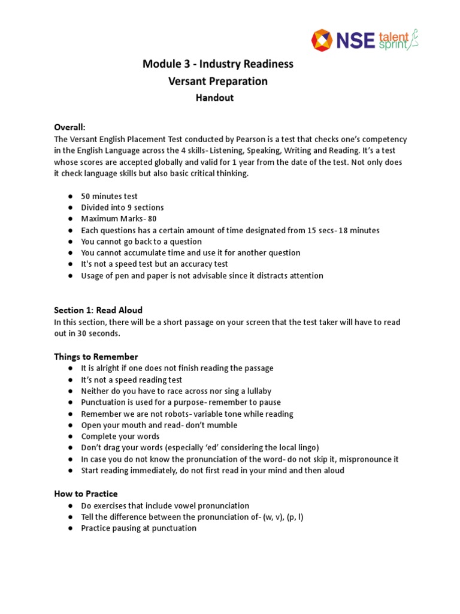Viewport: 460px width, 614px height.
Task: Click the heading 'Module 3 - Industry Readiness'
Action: (217, 64)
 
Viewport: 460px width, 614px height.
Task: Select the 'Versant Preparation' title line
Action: (217, 81)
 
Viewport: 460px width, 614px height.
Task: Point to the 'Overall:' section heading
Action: (69, 127)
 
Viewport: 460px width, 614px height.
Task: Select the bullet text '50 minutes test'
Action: (109, 196)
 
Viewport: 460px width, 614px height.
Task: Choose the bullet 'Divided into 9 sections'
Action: (122, 207)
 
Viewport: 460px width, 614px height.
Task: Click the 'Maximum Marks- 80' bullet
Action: (119, 219)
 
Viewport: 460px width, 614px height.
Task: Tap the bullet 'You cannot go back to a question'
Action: (141, 242)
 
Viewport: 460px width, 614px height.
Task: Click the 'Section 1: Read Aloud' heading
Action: (98, 310)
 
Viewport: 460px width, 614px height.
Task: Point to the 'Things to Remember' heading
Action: (96, 357)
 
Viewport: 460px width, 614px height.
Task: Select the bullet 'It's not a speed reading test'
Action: (131, 380)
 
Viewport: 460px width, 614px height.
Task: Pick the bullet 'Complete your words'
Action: (120, 437)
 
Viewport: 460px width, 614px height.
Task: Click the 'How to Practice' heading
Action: (86, 493)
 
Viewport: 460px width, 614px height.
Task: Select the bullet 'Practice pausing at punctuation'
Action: (138, 528)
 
